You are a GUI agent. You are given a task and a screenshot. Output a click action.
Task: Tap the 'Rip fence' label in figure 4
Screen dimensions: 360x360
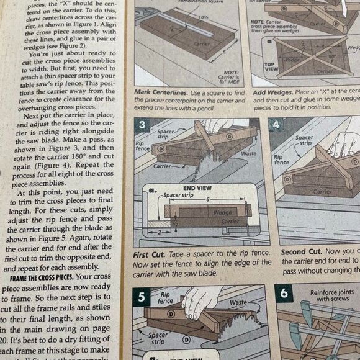pos(281,158)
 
